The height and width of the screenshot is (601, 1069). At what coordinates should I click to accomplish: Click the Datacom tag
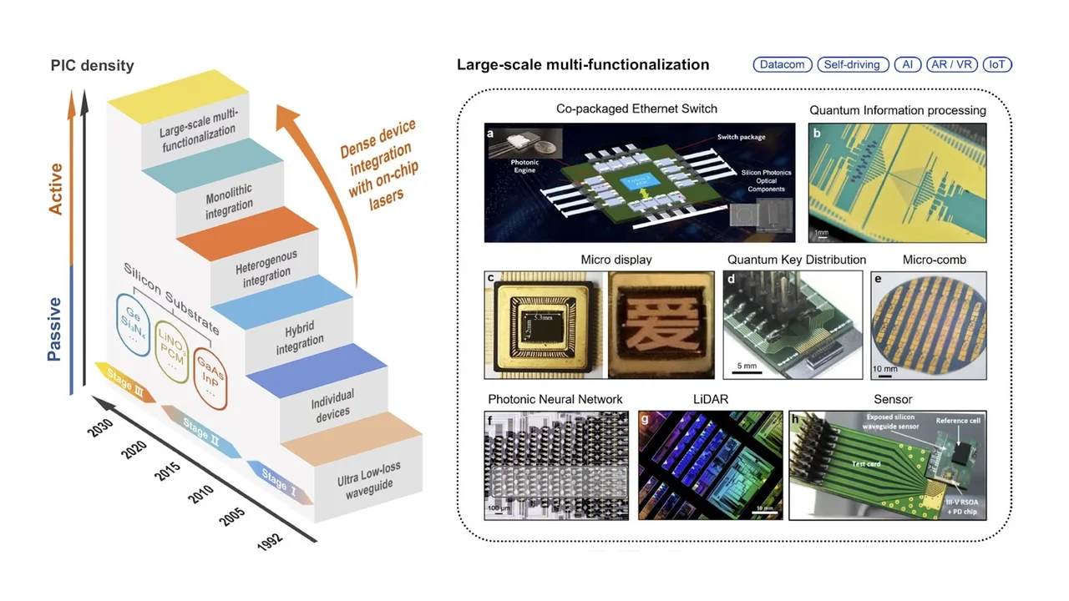783,64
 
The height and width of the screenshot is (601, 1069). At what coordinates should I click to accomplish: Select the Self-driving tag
852,64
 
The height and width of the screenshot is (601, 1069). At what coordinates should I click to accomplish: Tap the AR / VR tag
951,64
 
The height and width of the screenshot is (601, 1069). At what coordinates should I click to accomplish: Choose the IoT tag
997,64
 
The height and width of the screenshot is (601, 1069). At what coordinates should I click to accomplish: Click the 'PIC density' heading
92,65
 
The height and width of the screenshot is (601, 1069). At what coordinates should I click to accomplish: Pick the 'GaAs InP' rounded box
210,380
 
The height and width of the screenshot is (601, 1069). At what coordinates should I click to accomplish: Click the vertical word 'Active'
56,189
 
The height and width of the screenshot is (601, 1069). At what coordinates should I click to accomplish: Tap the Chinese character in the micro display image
661,326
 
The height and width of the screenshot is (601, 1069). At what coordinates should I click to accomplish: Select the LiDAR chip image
710,465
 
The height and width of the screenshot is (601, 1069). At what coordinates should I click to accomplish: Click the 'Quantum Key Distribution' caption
796,260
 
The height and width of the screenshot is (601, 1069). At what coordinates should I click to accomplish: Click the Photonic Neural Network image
556,465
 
